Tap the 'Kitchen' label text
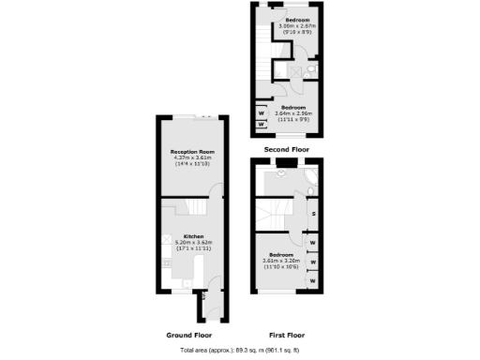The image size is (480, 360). [193, 236]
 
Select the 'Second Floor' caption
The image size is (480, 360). [287, 148]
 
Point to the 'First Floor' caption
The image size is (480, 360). [286, 335]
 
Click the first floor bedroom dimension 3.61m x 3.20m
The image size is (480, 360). [284, 262]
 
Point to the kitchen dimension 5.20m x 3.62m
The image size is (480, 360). [193, 242]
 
